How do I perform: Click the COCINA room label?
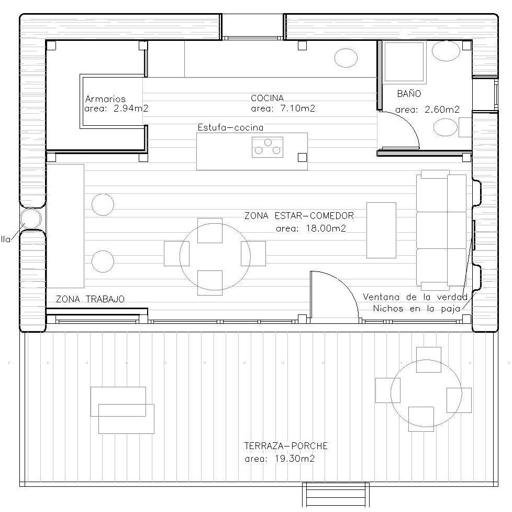coord(267,98)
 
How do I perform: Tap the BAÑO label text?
coord(409,93)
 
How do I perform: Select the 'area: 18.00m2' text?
coord(310,228)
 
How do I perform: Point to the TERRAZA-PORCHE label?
coord(286,445)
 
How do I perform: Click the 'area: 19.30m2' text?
coord(280,459)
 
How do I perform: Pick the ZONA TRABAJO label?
coord(90,299)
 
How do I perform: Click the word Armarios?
coord(105,99)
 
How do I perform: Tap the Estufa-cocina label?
coord(230,127)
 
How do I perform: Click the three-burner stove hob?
coord(268,147)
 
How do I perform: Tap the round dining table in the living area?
coord(215,257)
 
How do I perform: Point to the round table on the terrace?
coord(426,393)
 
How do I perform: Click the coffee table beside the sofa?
coord(381,230)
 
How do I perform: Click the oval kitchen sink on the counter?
coord(346,58)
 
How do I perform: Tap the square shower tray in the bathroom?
coord(404,62)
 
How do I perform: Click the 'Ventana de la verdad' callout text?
coord(415,297)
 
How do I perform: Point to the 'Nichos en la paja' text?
coord(416,308)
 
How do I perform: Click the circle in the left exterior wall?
coord(30,219)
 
